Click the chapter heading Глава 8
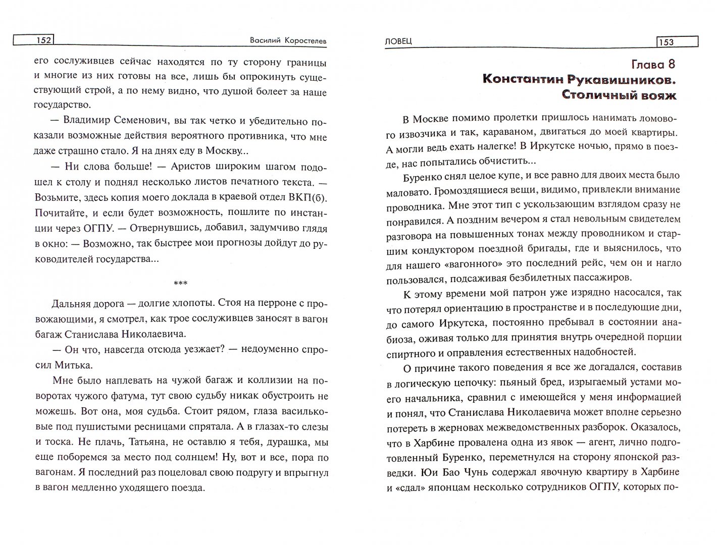coord(653,64)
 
